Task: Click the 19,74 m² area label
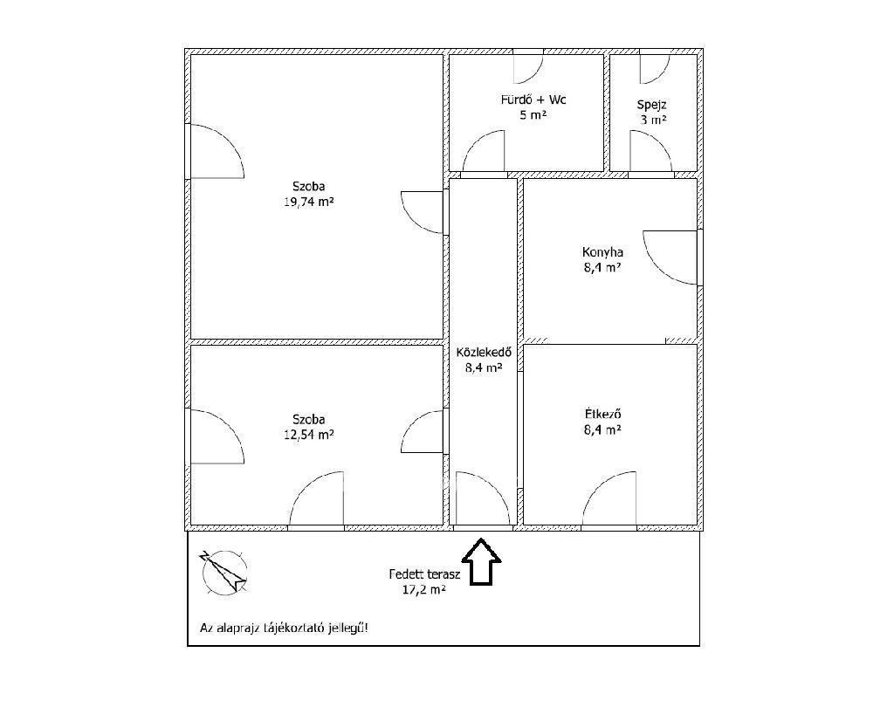pos(308,201)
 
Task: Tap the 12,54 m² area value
pos(308,435)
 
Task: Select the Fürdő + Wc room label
pos(533,100)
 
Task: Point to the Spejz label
pos(651,105)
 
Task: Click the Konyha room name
pos(602,252)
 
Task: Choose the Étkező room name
pos(602,414)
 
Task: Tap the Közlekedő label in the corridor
pos(484,353)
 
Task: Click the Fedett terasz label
pos(424,574)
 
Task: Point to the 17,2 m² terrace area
pos(424,590)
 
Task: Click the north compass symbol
pos(224,572)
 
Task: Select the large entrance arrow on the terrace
pos(481,561)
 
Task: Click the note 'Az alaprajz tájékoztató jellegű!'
pos(284,628)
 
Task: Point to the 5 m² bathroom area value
pos(533,115)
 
